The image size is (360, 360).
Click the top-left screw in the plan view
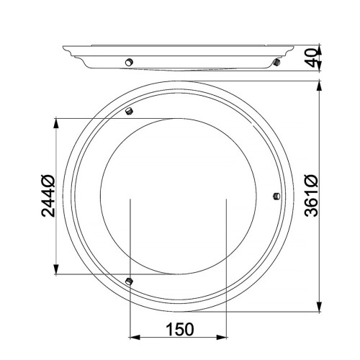(x=129, y=111)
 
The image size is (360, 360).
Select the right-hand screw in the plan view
(x=277, y=196)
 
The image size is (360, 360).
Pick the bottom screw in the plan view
(x=129, y=280)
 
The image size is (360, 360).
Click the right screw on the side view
(x=277, y=64)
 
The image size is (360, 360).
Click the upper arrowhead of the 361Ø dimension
(x=320, y=86)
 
